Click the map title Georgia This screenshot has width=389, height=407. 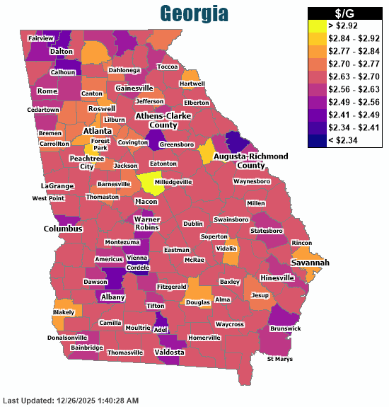194,13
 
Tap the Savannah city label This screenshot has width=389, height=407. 310,263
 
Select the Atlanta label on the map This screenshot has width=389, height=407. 97,131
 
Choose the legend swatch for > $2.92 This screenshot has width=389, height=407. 319,26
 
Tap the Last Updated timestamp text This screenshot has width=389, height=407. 71,401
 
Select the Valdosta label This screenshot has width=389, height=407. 170,352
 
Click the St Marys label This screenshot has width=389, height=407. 279,360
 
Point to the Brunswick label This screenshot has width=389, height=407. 284,328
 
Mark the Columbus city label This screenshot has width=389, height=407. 63,229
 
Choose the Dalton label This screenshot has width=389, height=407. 62,52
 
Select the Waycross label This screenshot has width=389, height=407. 229,324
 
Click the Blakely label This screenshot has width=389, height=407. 63,312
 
